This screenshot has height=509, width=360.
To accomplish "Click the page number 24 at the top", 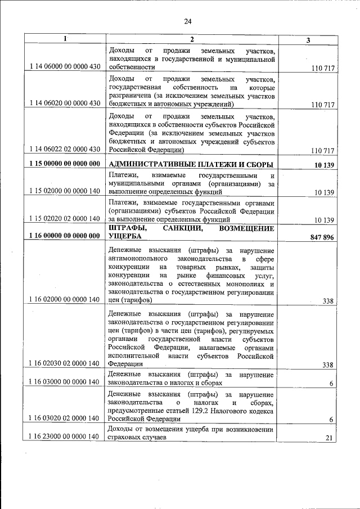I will (x=188, y=21).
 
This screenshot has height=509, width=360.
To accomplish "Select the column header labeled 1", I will (x=65, y=39).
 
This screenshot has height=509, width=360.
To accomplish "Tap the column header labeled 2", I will (x=191, y=39).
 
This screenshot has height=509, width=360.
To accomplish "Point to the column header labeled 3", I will (x=308, y=39).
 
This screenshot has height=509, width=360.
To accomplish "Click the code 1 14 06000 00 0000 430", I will (x=64, y=67).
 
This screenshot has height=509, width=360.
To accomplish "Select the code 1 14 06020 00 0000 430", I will (x=64, y=104).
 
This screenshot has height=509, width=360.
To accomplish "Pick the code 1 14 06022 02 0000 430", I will (x=64, y=150).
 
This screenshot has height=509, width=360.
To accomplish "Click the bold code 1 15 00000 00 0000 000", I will (x=64, y=164).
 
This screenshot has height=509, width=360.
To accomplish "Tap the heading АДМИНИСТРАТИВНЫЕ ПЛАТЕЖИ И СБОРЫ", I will (x=191, y=164).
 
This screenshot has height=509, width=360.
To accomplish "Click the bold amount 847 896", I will (x=322, y=237).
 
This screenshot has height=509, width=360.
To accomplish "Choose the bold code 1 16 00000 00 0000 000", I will (x=64, y=237).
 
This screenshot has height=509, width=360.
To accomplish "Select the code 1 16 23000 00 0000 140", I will (x=64, y=453).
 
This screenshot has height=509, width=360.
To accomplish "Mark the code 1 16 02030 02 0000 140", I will (x=64, y=364).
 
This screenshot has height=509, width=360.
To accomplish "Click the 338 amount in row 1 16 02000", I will (x=328, y=301).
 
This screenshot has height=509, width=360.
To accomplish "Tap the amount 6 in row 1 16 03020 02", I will (x=332, y=420).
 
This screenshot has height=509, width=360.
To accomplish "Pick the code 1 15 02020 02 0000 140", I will (x=64, y=218).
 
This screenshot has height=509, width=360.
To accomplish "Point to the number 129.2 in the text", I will (x=218, y=411).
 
